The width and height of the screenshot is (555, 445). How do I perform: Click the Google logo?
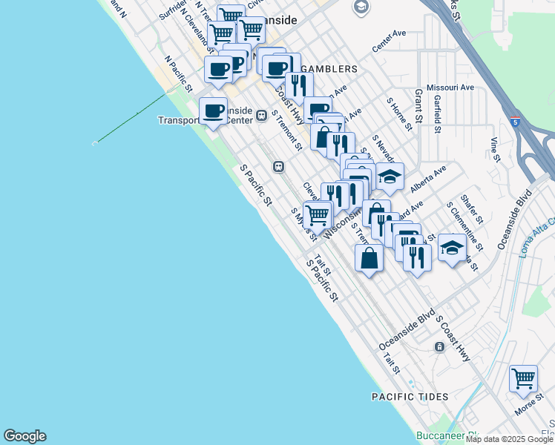[x=24, y=436]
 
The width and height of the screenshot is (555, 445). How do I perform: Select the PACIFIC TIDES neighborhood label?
[x=410, y=397]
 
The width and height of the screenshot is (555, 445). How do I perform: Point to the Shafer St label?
[x=471, y=210]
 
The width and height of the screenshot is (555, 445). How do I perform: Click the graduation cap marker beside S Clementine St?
[x=451, y=248]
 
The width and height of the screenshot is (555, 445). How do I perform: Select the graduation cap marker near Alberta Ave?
[x=390, y=177]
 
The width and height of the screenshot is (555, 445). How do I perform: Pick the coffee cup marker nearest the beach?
[x=214, y=111]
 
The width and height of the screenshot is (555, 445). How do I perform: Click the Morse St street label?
[x=528, y=407]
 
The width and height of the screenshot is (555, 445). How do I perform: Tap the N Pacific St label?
[x=179, y=73]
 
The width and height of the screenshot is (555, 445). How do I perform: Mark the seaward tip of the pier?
[x=94, y=143]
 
